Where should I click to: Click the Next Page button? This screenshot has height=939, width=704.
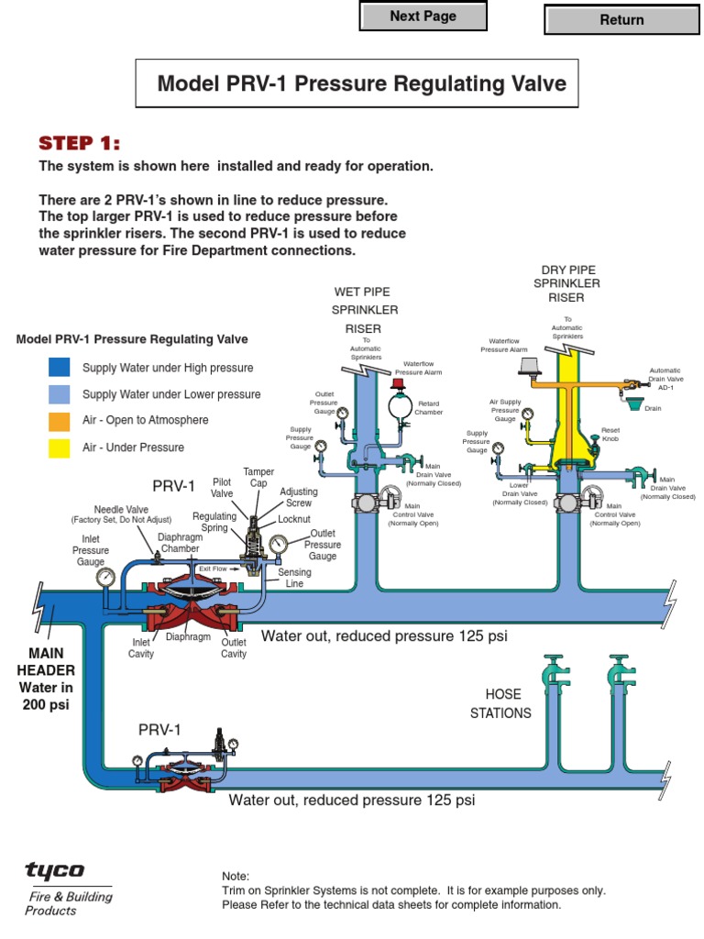(x=423, y=17)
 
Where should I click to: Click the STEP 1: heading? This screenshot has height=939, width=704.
(x=79, y=143)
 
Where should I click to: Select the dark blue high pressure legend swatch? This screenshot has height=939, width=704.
(x=59, y=368)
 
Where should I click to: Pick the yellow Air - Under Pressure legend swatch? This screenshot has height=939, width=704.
(x=59, y=447)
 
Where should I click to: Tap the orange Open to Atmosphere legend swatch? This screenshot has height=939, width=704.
(x=59, y=421)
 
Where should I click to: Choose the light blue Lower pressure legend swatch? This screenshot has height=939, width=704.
(x=59, y=394)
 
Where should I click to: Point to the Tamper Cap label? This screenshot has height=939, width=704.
(x=258, y=478)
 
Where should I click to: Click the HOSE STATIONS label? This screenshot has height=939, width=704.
(x=500, y=703)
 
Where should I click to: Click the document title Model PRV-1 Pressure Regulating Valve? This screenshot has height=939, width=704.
(x=362, y=84)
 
